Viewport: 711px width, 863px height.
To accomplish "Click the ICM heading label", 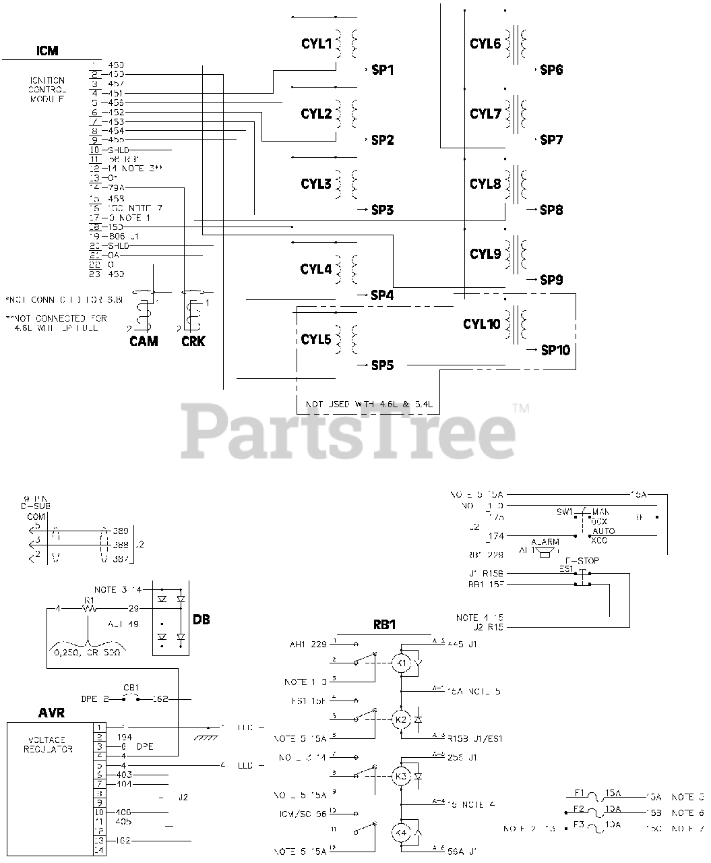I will tap(47, 51).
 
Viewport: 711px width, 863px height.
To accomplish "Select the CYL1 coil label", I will tap(316, 44).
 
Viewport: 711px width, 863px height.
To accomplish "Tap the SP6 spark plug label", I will tap(551, 70).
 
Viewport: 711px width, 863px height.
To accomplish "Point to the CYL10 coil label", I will tap(481, 324).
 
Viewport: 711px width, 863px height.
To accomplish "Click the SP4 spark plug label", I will tap(382, 295).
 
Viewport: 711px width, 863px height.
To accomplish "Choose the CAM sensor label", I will tap(144, 341).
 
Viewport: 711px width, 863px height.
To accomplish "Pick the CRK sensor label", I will tap(193, 341).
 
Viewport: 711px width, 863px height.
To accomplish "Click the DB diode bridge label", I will tap(201, 619).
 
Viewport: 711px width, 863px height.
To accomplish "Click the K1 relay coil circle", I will tap(402, 663).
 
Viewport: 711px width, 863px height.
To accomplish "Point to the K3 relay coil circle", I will tap(402, 777).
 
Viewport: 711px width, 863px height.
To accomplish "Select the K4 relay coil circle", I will tap(402, 833).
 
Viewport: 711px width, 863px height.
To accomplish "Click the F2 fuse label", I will tap(578, 808).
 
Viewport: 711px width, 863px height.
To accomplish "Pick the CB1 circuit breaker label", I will tap(131, 688).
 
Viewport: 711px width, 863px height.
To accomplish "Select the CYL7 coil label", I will tap(485, 114).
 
